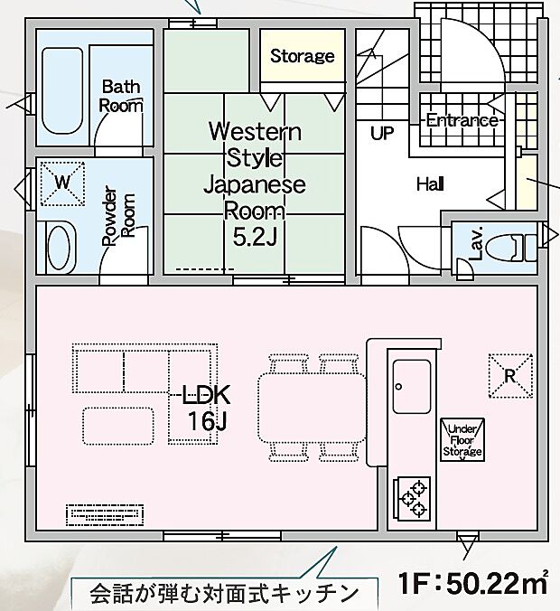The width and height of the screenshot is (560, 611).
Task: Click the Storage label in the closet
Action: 303,56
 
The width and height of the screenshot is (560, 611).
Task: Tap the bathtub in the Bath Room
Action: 62,91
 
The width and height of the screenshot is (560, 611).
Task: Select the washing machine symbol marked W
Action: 62,183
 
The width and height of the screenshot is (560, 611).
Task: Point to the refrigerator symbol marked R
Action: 510,376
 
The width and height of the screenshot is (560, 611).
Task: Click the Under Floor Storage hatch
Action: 462,440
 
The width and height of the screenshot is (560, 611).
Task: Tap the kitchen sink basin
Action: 412,387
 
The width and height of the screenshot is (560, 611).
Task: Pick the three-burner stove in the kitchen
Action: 412,499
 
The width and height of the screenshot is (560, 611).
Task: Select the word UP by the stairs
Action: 382,133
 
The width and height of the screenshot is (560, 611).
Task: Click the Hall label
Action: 430,183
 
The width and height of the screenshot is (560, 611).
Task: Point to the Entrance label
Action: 462,120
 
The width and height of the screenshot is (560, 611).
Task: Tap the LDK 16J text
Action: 207,408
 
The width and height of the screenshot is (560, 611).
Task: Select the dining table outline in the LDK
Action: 312,408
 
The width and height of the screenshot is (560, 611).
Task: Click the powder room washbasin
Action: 60,247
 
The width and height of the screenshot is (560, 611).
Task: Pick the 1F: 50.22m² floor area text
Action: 473,583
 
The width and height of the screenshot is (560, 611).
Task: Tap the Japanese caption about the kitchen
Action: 224,594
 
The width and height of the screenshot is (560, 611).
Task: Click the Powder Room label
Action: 119,216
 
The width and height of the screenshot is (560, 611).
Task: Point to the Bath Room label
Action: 121,96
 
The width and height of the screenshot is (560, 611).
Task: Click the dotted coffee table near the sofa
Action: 118,426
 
